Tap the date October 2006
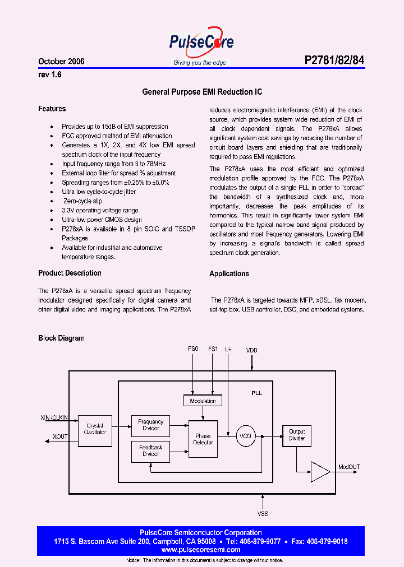pos(61,62)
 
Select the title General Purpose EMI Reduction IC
pos(202,92)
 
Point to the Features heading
pos(52,109)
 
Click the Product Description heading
pos(70,273)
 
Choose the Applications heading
pos(229,273)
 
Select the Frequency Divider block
pos(150,425)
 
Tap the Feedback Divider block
pos(150,450)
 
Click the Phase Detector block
pos(203,439)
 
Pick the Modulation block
pos(203,401)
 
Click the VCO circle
pos(245,435)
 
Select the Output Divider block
pos(297,435)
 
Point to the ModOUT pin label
pos(349,467)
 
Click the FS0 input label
pos(193,348)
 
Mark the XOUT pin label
pos(61,436)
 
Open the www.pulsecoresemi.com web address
pos(200,550)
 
